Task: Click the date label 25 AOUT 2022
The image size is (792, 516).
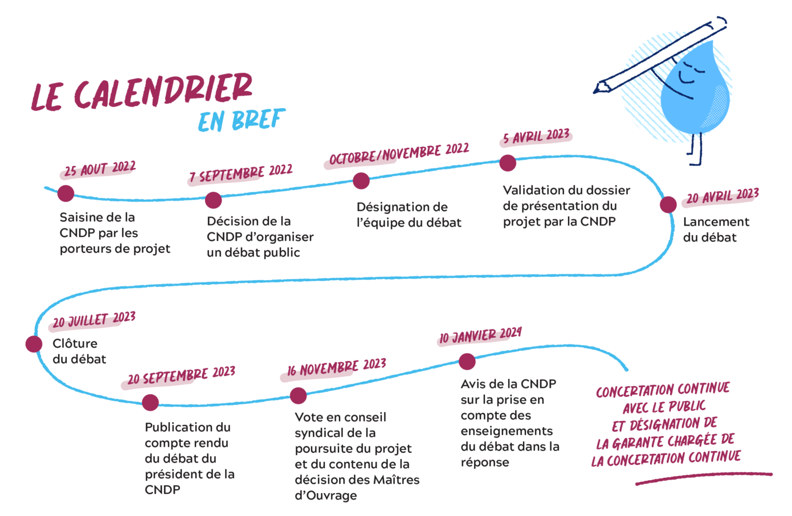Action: (x=100, y=169)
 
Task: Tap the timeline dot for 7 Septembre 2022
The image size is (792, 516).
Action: (x=213, y=200)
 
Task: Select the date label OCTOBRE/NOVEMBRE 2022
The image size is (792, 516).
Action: (x=399, y=154)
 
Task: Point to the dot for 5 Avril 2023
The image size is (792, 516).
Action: (x=508, y=163)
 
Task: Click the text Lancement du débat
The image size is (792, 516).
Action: (x=716, y=230)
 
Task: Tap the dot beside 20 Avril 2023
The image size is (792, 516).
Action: (x=668, y=204)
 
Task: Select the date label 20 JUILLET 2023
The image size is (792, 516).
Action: (x=94, y=320)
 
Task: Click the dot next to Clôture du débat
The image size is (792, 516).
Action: (x=34, y=344)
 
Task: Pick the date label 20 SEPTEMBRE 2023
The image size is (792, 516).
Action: (x=181, y=376)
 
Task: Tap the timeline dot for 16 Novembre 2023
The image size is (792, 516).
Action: (x=298, y=396)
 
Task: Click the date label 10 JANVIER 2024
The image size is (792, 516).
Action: (x=480, y=335)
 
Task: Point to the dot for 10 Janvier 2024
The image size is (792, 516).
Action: (x=467, y=362)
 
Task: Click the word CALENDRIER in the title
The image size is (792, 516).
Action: (x=164, y=91)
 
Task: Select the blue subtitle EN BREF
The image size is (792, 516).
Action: (x=242, y=120)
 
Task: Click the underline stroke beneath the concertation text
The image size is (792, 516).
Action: (x=704, y=478)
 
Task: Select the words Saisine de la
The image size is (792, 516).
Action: (x=97, y=218)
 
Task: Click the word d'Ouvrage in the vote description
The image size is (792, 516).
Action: (x=326, y=495)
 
